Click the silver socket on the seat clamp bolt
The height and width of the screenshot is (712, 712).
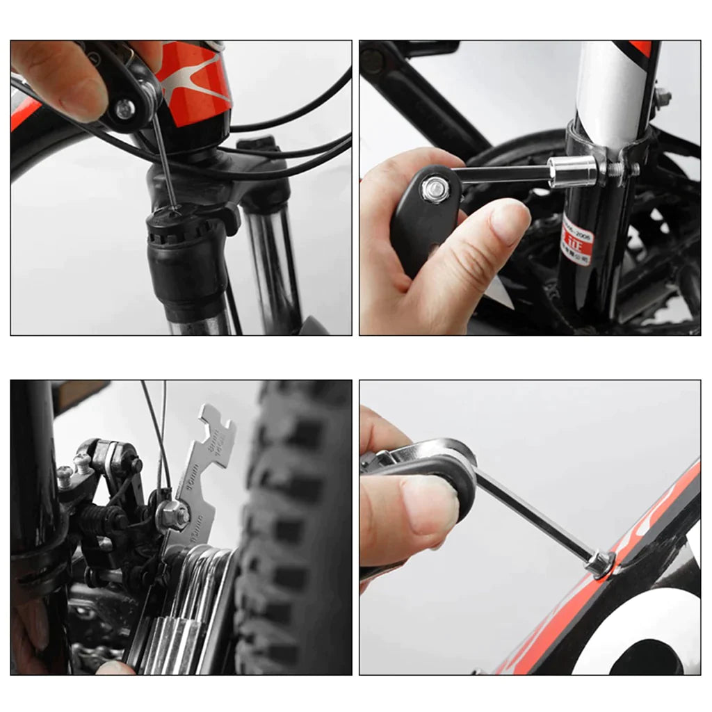click(x=572, y=172)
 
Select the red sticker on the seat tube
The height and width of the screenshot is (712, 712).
click(x=576, y=240)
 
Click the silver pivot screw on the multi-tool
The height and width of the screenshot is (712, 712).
click(x=125, y=108)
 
